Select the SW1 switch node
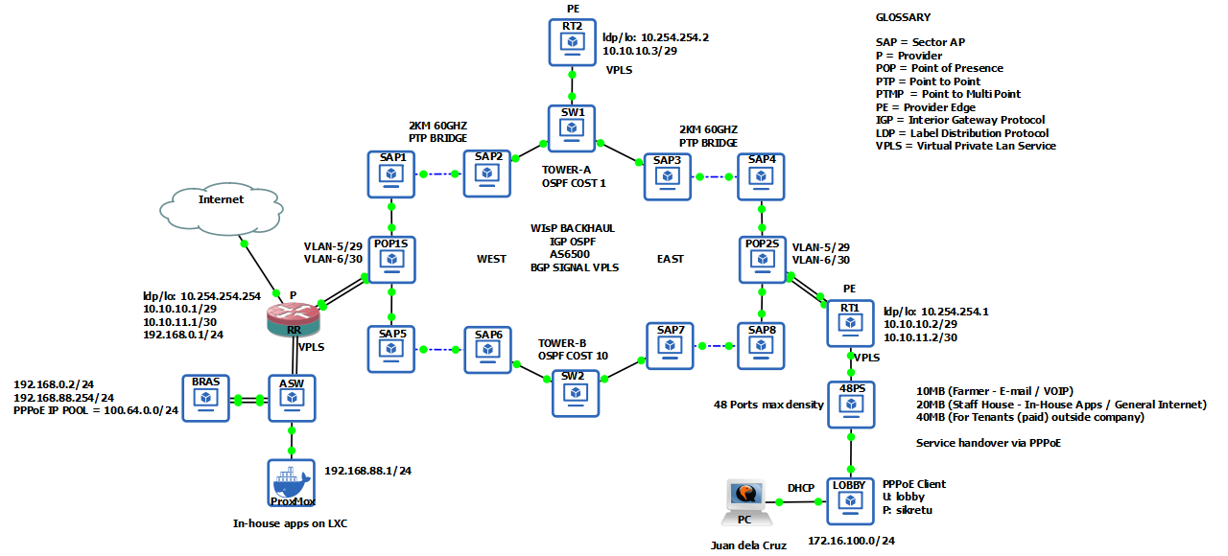coord(572,128)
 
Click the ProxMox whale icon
coord(291,482)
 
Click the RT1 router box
coord(850,323)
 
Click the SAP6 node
coord(487,350)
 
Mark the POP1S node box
coord(390,259)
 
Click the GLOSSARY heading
coord(903,17)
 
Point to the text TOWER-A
coord(565,170)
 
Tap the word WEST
coord(491,259)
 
